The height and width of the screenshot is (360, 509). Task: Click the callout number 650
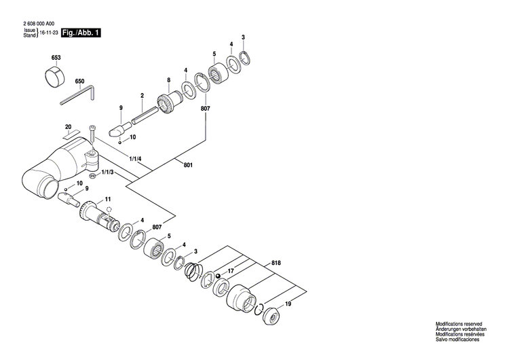pyautogui.click(x=79, y=82)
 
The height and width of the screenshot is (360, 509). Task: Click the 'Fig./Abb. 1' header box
pyautogui.click(x=81, y=33)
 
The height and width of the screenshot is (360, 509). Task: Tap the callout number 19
pyautogui.click(x=288, y=304)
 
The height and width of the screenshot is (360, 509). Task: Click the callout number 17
pyautogui.click(x=231, y=272)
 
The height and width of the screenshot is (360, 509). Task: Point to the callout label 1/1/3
pyautogui.click(x=107, y=174)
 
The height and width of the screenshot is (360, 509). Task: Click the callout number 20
pyautogui.click(x=68, y=127)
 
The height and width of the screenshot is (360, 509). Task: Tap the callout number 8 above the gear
pyautogui.click(x=168, y=80)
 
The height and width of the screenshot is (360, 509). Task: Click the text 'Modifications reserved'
pyautogui.click(x=459, y=327)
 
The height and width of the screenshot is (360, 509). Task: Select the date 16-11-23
pyautogui.click(x=49, y=33)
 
